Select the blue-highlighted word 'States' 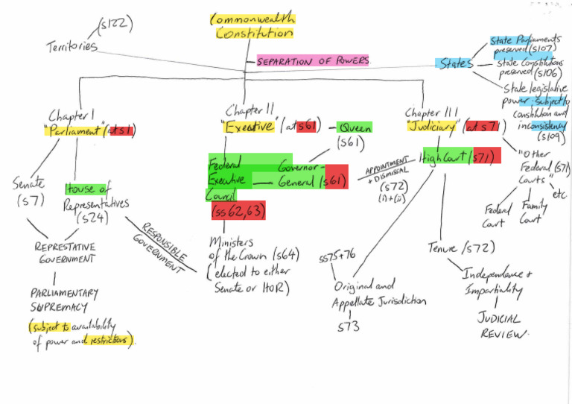point(455,64)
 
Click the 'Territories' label point(71,45)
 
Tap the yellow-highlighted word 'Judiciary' point(431,127)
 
